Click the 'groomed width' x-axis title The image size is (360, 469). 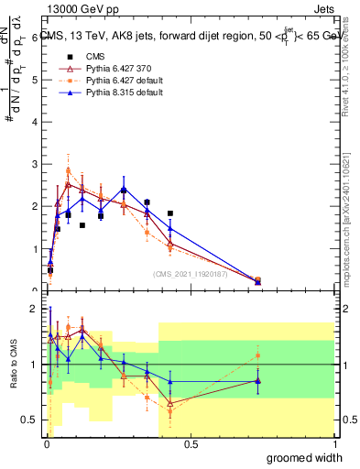pyautogui.click(x=302, y=457)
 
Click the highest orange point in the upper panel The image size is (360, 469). pyautogui.click(x=69, y=170)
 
